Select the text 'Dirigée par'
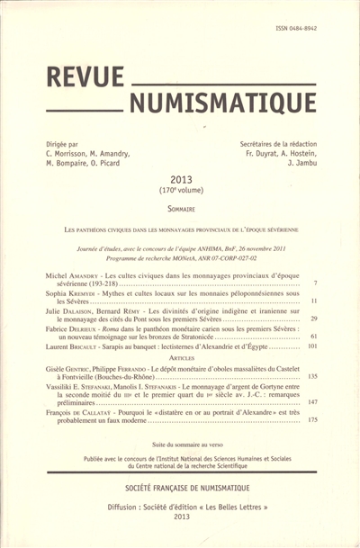click(x=62, y=143)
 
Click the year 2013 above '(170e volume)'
click(x=181, y=179)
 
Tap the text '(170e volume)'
click(x=181, y=192)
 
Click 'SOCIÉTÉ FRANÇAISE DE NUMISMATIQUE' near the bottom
click(x=181, y=489)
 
